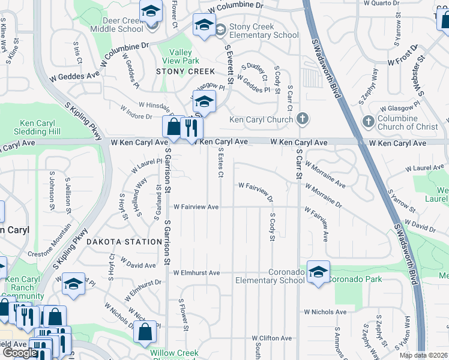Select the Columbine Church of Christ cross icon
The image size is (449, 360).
[369, 122]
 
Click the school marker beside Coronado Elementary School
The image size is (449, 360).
[318, 272]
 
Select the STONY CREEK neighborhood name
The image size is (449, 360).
[185, 71]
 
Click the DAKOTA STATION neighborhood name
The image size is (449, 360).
[123, 242]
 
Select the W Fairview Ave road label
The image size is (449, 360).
[196, 207]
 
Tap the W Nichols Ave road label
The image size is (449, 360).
[325, 312]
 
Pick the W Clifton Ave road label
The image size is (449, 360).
[271, 338]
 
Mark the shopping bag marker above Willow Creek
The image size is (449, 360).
[145, 332]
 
